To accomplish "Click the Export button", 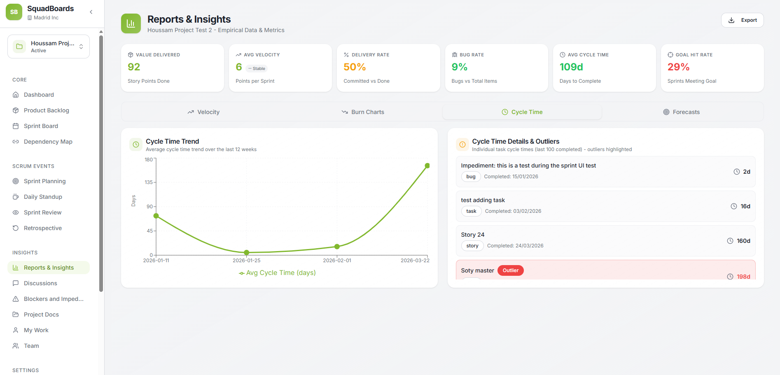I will (x=742, y=20).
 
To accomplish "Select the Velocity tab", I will (x=203, y=112).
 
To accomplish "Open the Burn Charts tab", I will (x=363, y=112).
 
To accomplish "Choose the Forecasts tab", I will (x=681, y=112).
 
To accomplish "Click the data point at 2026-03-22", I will (x=427, y=165).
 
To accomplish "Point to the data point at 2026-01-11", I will (x=156, y=216).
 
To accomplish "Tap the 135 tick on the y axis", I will (x=149, y=182).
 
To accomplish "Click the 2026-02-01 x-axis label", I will (x=337, y=261).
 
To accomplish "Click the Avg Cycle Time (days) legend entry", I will (x=277, y=273).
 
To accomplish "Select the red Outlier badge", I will (x=510, y=270).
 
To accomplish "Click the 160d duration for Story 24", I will (x=743, y=241).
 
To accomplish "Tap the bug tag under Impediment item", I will (x=471, y=177).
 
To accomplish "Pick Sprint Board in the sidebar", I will (x=41, y=126).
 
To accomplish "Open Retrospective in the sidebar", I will (x=42, y=228).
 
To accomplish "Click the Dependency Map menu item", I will (x=48, y=142).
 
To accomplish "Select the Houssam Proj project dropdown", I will (x=49, y=47).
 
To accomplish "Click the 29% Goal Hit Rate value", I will (x=678, y=67).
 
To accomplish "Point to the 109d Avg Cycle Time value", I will (x=571, y=67).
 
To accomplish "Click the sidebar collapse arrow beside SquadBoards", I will (x=91, y=12).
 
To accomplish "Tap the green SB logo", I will (x=14, y=12).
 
